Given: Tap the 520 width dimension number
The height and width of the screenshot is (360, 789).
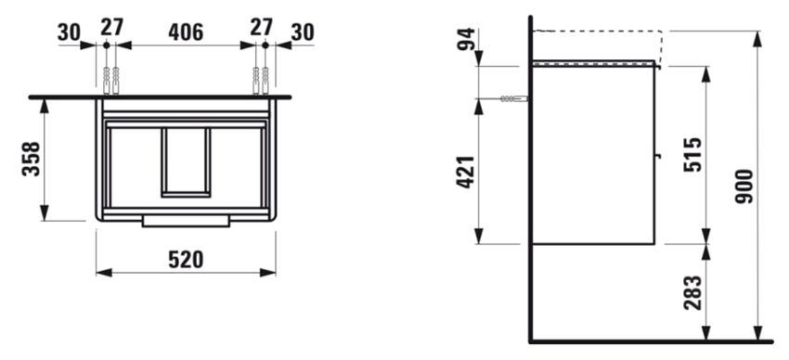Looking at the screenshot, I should (x=187, y=259).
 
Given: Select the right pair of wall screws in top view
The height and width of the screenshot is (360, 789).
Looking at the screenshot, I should (x=260, y=80).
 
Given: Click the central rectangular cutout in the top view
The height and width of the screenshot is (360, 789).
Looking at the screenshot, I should (x=186, y=161).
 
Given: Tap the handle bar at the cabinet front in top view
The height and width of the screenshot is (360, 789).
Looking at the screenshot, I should (x=186, y=221).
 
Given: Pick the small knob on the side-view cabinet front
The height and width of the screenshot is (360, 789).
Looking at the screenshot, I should (x=659, y=156).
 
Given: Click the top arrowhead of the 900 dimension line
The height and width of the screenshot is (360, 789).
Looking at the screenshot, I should (x=759, y=36).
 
